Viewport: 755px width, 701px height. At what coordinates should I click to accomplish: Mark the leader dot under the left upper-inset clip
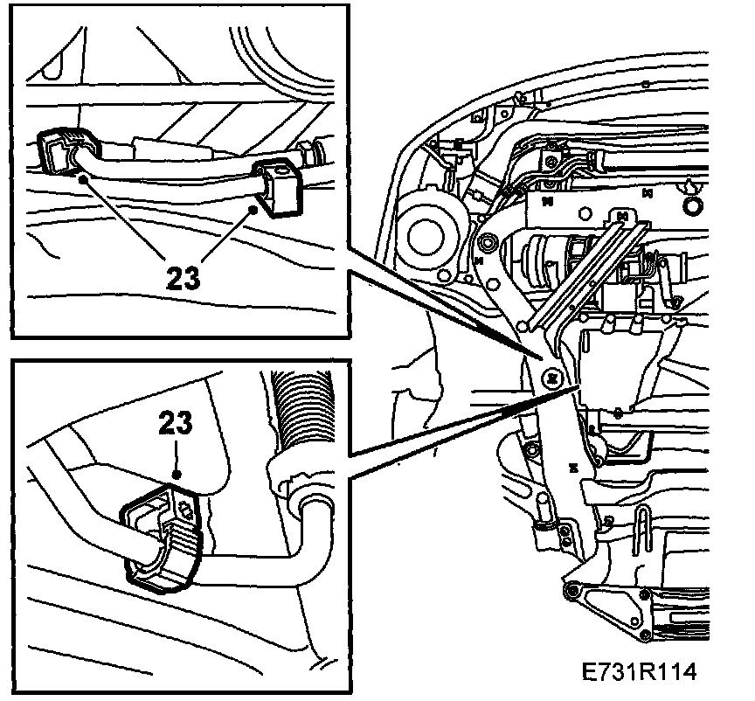click(83, 177)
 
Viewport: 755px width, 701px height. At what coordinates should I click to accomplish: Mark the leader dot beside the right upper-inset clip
click(254, 209)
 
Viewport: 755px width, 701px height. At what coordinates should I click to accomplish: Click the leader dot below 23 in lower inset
click(177, 473)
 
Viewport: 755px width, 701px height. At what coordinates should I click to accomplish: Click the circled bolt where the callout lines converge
click(552, 378)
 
